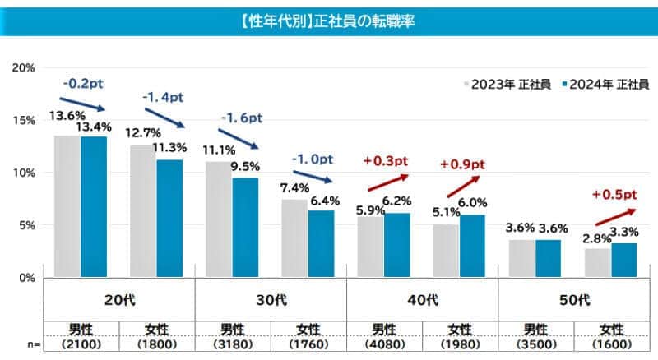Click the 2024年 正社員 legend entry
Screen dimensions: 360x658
(604, 85)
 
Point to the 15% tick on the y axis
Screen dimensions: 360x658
(24, 120)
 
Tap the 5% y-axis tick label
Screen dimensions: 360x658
(26, 225)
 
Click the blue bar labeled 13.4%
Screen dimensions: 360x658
(94, 206)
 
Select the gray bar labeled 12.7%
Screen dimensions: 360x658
(142, 210)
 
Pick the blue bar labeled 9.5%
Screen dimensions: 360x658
(245, 227)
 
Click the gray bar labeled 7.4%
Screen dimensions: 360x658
(294, 238)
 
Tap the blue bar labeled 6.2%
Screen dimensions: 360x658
(397, 244)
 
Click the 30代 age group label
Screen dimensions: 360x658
(271, 300)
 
